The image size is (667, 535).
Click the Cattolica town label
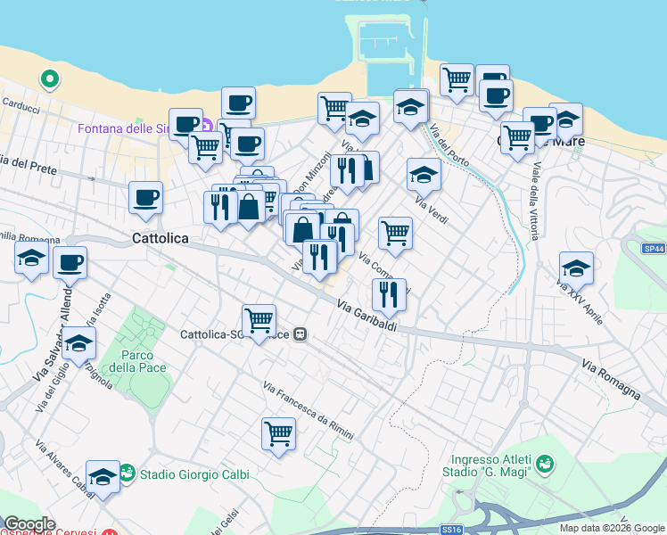tap(161, 239)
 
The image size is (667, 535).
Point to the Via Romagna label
tap(611, 379)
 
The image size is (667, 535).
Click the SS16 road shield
tap(452, 529)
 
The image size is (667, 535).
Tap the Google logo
tap(29, 524)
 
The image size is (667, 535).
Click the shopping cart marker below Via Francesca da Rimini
tap(278, 434)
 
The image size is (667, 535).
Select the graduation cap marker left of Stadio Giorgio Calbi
tap(103, 476)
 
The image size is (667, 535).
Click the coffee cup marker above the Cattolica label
tap(145, 198)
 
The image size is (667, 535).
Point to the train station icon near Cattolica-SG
tap(301, 334)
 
